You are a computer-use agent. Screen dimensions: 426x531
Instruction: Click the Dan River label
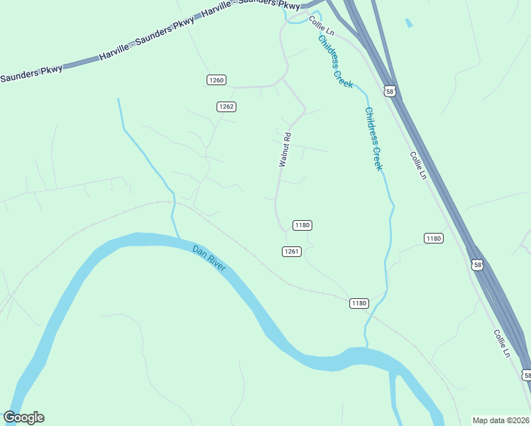click(x=209, y=258)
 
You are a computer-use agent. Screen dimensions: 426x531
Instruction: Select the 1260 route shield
click(x=217, y=80)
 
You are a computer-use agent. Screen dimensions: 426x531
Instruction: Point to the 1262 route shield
click(x=226, y=106)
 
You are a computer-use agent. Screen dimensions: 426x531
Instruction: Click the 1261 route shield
click(x=292, y=251)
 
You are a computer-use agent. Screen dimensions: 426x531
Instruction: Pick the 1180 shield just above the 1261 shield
click(x=302, y=225)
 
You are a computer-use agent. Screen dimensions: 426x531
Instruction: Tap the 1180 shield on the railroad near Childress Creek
click(x=358, y=303)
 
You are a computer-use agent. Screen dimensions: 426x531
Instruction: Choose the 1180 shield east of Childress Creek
click(x=434, y=239)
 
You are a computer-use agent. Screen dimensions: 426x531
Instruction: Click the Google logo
click(x=23, y=417)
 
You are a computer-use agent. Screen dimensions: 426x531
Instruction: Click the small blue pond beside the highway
click(x=408, y=23)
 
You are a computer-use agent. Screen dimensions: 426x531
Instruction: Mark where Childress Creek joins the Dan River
click(x=366, y=347)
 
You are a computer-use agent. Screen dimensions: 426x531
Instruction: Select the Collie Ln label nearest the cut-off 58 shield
click(x=501, y=343)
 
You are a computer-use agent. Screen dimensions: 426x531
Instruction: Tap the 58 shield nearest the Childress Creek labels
click(x=389, y=91)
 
